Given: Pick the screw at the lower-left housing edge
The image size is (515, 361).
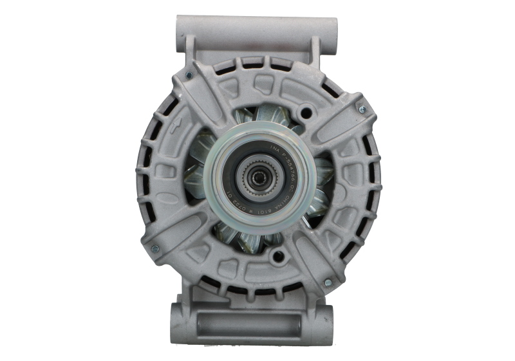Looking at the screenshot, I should pyautogui.click(x=154, y=246).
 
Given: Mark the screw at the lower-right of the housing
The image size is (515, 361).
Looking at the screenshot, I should pyautogui.click(x=327, y=282).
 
